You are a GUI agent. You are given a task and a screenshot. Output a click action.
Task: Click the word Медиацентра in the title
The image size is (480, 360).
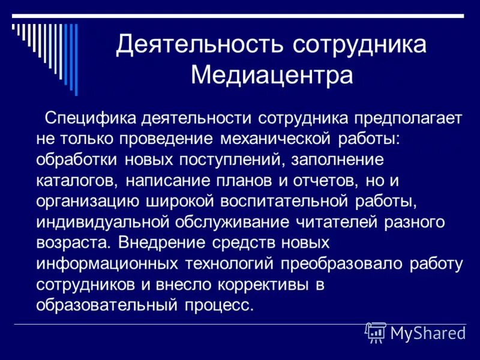(x=271, y=76)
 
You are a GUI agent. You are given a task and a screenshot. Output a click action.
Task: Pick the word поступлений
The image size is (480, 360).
(x=227, y=160)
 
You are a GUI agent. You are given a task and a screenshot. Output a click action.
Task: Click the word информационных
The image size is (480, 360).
(x=106, y=264)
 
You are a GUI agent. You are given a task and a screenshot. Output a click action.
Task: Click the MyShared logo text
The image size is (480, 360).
(x=427, y=333)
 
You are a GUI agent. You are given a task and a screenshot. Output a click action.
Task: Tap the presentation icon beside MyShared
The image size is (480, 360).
(x=375, y=332)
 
